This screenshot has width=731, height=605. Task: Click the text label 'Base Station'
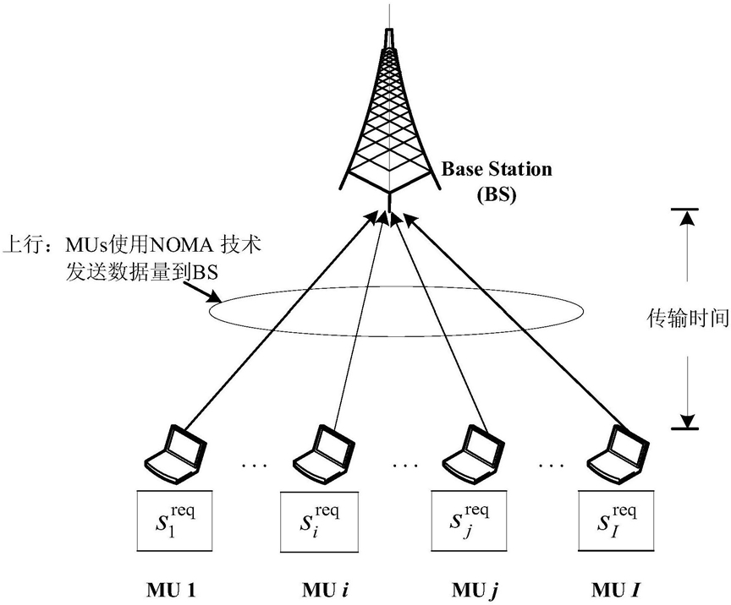[497, 169]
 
